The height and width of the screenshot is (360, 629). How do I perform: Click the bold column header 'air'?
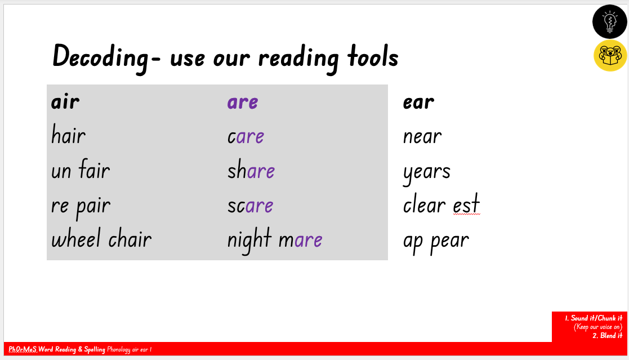pyautogui.click(x=65, y=101)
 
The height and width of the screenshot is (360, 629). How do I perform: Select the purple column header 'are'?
pyautogui.click(x=243, y=102)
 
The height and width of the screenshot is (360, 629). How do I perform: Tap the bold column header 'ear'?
pyautogui.click(x=418, y=102)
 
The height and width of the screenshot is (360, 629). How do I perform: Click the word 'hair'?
pyautogui.click(x=68, y=135)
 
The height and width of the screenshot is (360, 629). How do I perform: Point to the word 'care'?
pyautogui.click(x=246, y=137)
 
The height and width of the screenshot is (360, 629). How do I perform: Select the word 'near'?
pyautogui.click(x=422, y=137)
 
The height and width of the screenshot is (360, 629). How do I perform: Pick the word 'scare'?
pyautogui.click(x=251, y=206)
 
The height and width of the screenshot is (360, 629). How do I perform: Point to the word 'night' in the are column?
pyautogui.click(x=249, y=241)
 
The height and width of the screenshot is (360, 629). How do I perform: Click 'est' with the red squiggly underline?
pyautogui.click(x=466, y=204)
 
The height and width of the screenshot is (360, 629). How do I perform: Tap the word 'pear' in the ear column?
pyautogui.click(x=450, y=242)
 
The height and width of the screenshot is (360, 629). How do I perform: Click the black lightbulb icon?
pyautogui.click(x=610, y=21)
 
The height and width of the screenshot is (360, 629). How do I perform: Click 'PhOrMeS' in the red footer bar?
pyautogui.click(x=23, y=349)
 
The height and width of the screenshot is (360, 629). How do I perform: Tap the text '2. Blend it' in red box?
pyautogui.click(x=608, y=336)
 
